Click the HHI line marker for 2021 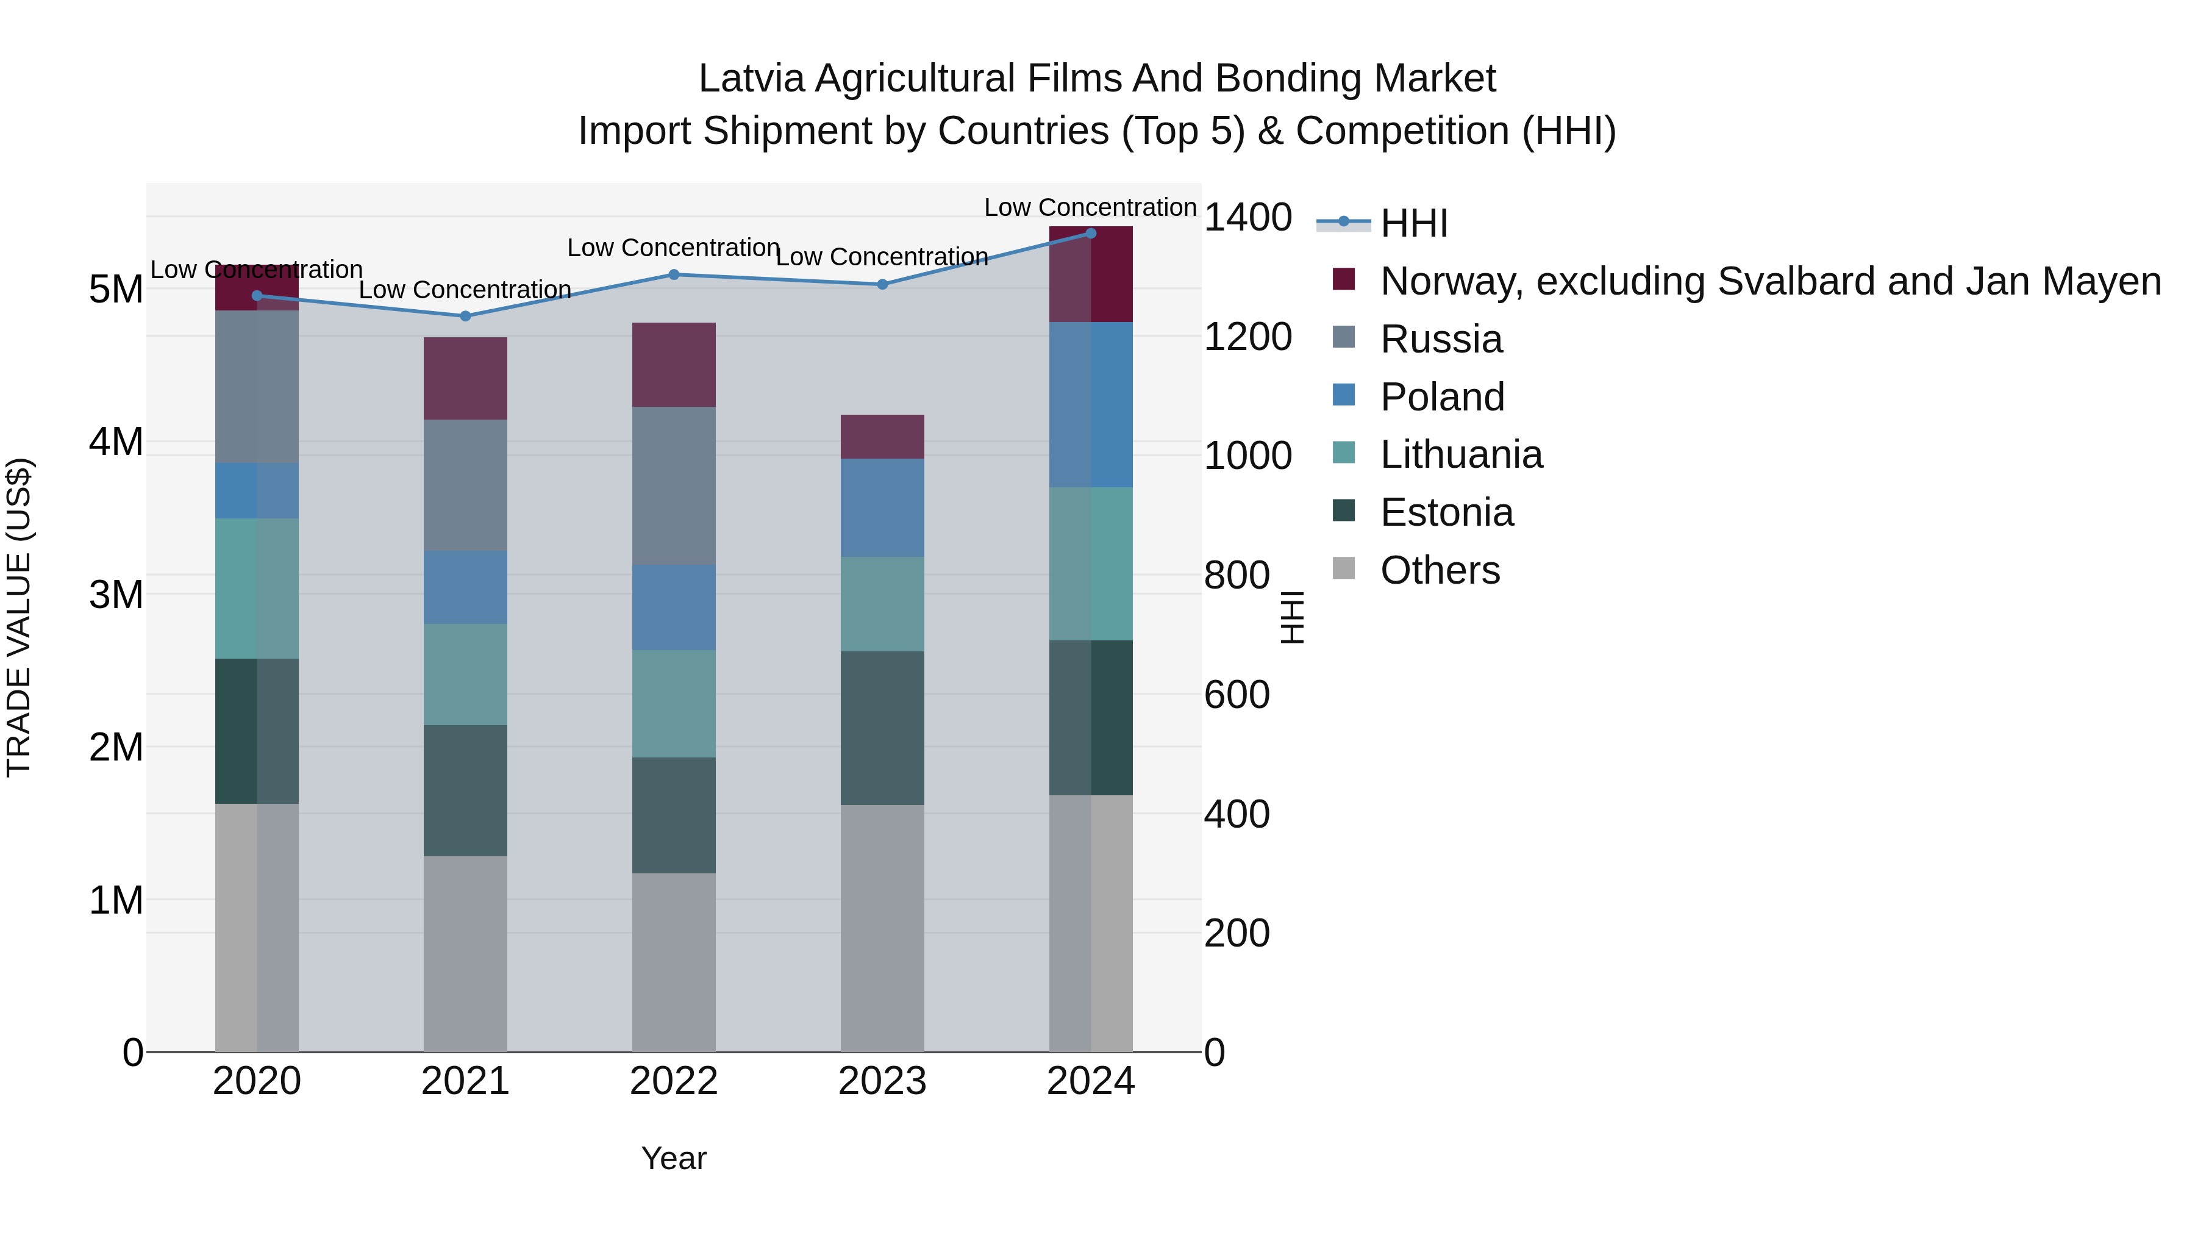[x=465, y=316]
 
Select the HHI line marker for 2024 [x=1091, y=234]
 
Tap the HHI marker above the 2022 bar [x=673, y=274]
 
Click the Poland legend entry [x=1442, y=397]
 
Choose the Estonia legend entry [x=1446, y=512]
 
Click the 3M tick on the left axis [x=116, y=594]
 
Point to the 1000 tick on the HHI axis [x=1247, y=456]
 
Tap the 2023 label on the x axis [x=882, y=1081]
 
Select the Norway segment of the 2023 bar [x=882, y=437]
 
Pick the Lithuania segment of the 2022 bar [x=673, y=704]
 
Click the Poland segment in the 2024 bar [x=1091, y=405]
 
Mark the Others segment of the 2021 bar [x=465, y=954]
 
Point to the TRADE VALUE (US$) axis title [x=19, y=617]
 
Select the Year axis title [x=673, y=1158]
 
